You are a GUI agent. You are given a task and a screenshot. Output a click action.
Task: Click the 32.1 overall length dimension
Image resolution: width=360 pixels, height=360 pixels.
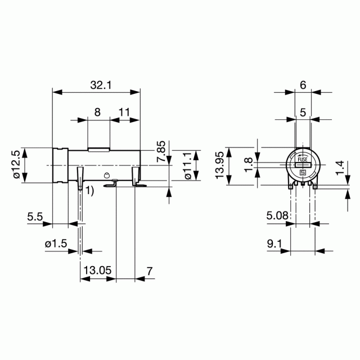[x=101, y=85]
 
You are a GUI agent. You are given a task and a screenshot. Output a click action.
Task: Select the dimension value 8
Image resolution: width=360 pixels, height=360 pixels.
[x=97, y=112]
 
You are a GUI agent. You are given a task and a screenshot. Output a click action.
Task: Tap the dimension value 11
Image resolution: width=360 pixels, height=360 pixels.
[x=124, y=112]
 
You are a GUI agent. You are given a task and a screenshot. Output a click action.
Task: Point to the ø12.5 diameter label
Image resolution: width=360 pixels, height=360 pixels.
[x=17, y=164]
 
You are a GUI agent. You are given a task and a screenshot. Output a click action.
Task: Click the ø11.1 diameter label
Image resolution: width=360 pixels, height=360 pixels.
[x=188, y=166]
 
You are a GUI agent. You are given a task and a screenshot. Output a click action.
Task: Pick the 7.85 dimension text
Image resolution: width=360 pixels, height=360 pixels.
[x=161, y=151]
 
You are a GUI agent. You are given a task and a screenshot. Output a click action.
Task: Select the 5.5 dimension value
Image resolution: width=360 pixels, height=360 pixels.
[x=35, y=217]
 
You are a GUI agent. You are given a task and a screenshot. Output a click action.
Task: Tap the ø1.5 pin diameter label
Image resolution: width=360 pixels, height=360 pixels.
[x=56, y=244]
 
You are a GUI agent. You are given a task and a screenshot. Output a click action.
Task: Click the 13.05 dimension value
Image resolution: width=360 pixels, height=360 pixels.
[x=97, y=270]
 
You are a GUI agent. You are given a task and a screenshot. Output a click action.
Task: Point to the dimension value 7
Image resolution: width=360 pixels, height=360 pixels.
[x=150, y=271]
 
